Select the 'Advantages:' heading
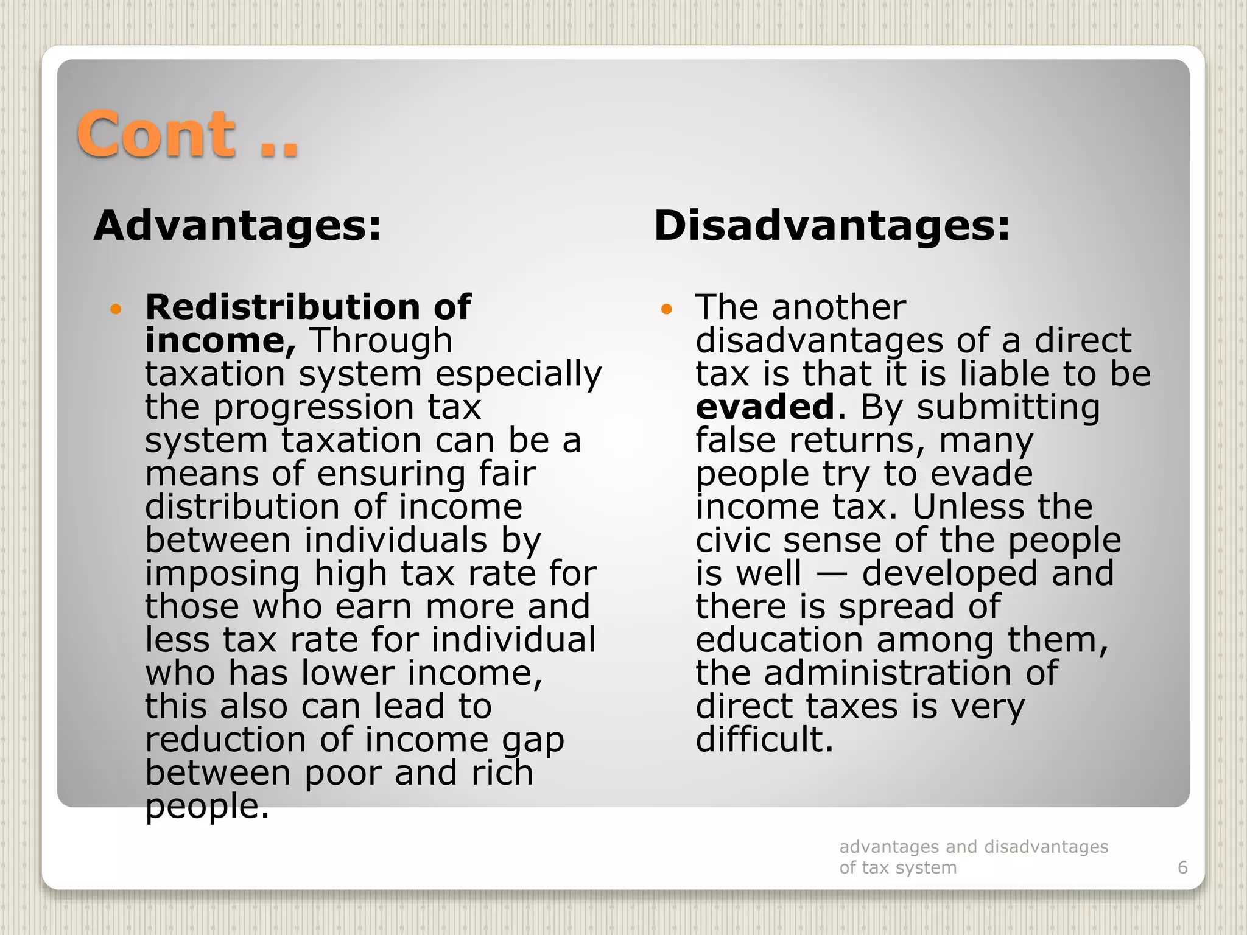[237, 226]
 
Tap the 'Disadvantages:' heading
[832, 226]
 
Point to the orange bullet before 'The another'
[666, 310]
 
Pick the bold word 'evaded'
[765, 407]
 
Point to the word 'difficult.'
[764, 739]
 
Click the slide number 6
[1182, 867]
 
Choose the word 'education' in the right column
[779, 640]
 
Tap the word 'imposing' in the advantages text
[223, 573]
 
